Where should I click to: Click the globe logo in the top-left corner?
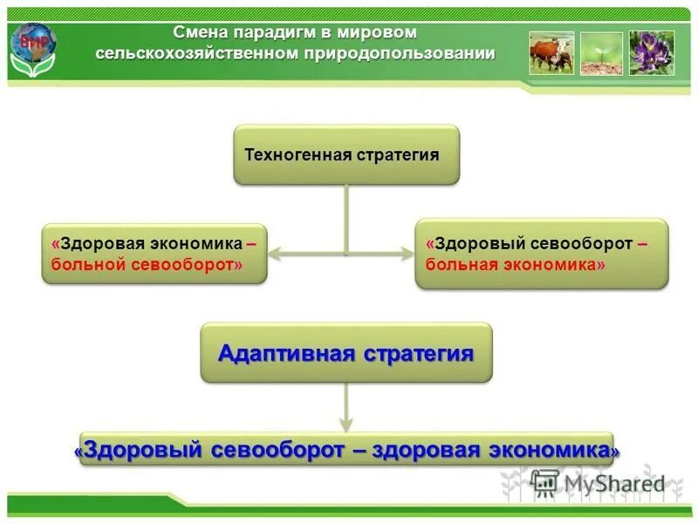pyautogui.click(x=33, y=46)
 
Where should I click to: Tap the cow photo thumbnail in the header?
pyautogui.click(x=551, y=52)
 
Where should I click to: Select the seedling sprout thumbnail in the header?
pyautogui.click(x=601, y=52)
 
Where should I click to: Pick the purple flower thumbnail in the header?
pyautogui.click(x=651, y=52)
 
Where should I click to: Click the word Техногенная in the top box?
pyautogui.click(x=298, y=155)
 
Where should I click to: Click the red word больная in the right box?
pyautogui.click(x=460, y=262)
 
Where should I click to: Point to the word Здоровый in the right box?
pyautogui.click(x=470, y=243)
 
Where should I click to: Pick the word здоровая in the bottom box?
pyautogui.click(x=427, y=450)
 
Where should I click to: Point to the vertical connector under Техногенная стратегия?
pyautogui.click(x=346, y=218)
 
